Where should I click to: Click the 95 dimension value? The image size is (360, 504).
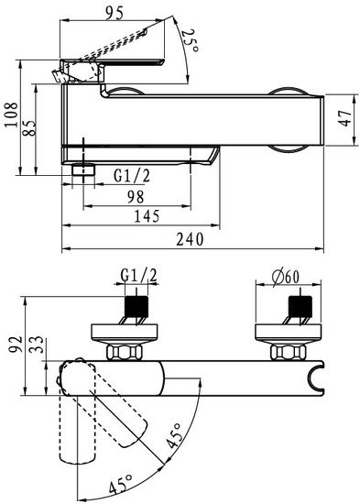pyautogui.click(x=115, y=13)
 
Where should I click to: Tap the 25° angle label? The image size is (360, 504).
pyautogui.click(x=190, y=41)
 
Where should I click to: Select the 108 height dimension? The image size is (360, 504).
pyautogui.click(x=12, y=115)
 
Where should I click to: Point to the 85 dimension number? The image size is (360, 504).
pyautogui.click(x=29, y=127)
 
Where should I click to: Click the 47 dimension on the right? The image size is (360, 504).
pyautogui.click(x=346, y=118)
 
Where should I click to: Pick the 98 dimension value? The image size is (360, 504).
pyautogui.click(x=136, y=196)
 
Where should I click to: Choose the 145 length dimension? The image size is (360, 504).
pyautogui.click(x=147, y=216)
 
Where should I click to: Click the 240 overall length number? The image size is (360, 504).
pyautogui.click(x=190, y=239)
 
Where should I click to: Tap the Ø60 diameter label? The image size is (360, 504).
pyautogui.click(x=286, y=277)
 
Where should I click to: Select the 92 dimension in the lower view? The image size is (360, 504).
pyautogui.click(x=16, y=345)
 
